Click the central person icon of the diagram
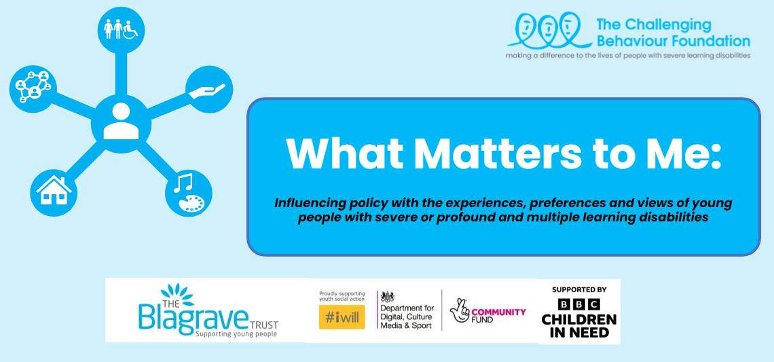pos(120,124)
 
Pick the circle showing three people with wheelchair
pos(122,30)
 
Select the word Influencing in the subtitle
pos(303,204)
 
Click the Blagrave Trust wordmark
pos(198,310)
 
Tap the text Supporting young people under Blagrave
pos(236,334)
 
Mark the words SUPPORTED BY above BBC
pos(579,289)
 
